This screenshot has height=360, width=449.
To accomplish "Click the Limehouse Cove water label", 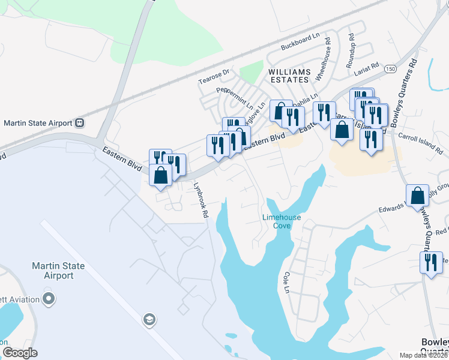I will click(x=282, y=221).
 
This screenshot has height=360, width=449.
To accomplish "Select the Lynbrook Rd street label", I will click(x=200, y=200).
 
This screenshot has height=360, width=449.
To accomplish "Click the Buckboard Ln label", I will click(x=301, y=42).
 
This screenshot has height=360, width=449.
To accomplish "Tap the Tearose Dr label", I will click(x=214, y=76).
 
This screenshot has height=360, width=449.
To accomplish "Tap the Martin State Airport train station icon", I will click(x=79, y=123).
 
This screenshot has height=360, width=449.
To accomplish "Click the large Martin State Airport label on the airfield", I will click(x=58, y=271).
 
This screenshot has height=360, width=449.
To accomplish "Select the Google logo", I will click(x=20, y=353).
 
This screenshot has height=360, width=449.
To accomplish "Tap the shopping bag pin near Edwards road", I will click(x=417, y=195).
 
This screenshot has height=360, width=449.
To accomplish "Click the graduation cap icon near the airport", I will click(x=148, y=320).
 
